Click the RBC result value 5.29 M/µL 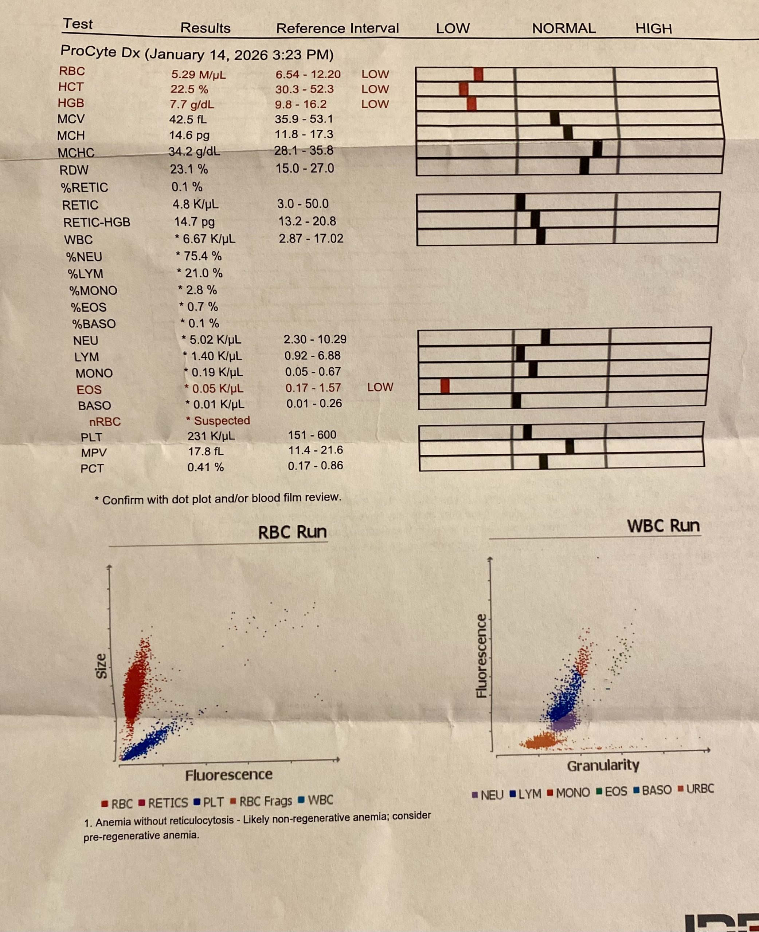(x=199, y=74)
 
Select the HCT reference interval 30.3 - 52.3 (x=304, y=89)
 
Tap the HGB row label (x=71, y=103)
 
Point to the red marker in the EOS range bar (x=445, y=386)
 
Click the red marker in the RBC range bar (x=478, y=74)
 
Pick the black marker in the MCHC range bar (x=597, y=149)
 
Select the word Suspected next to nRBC (x=222, y=420)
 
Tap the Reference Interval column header (x=337, y=28)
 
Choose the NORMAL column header (x=564, y=28)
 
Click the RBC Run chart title (x=292, y=532)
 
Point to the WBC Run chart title (x=663, y=525)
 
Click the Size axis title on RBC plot (x=101, y=666)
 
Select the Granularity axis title (x=603, y=765)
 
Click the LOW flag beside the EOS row (x=380, y=387)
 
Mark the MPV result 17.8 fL (x=206, y=451)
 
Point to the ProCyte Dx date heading (x=197, y=53)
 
